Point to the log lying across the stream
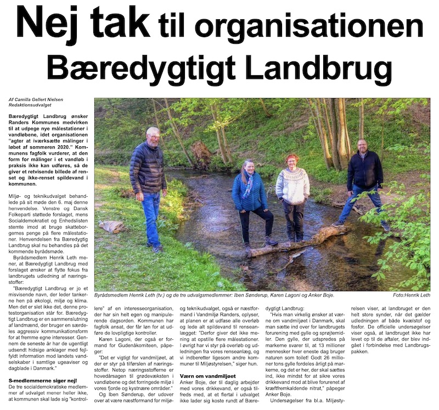click(x=296, y=242)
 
